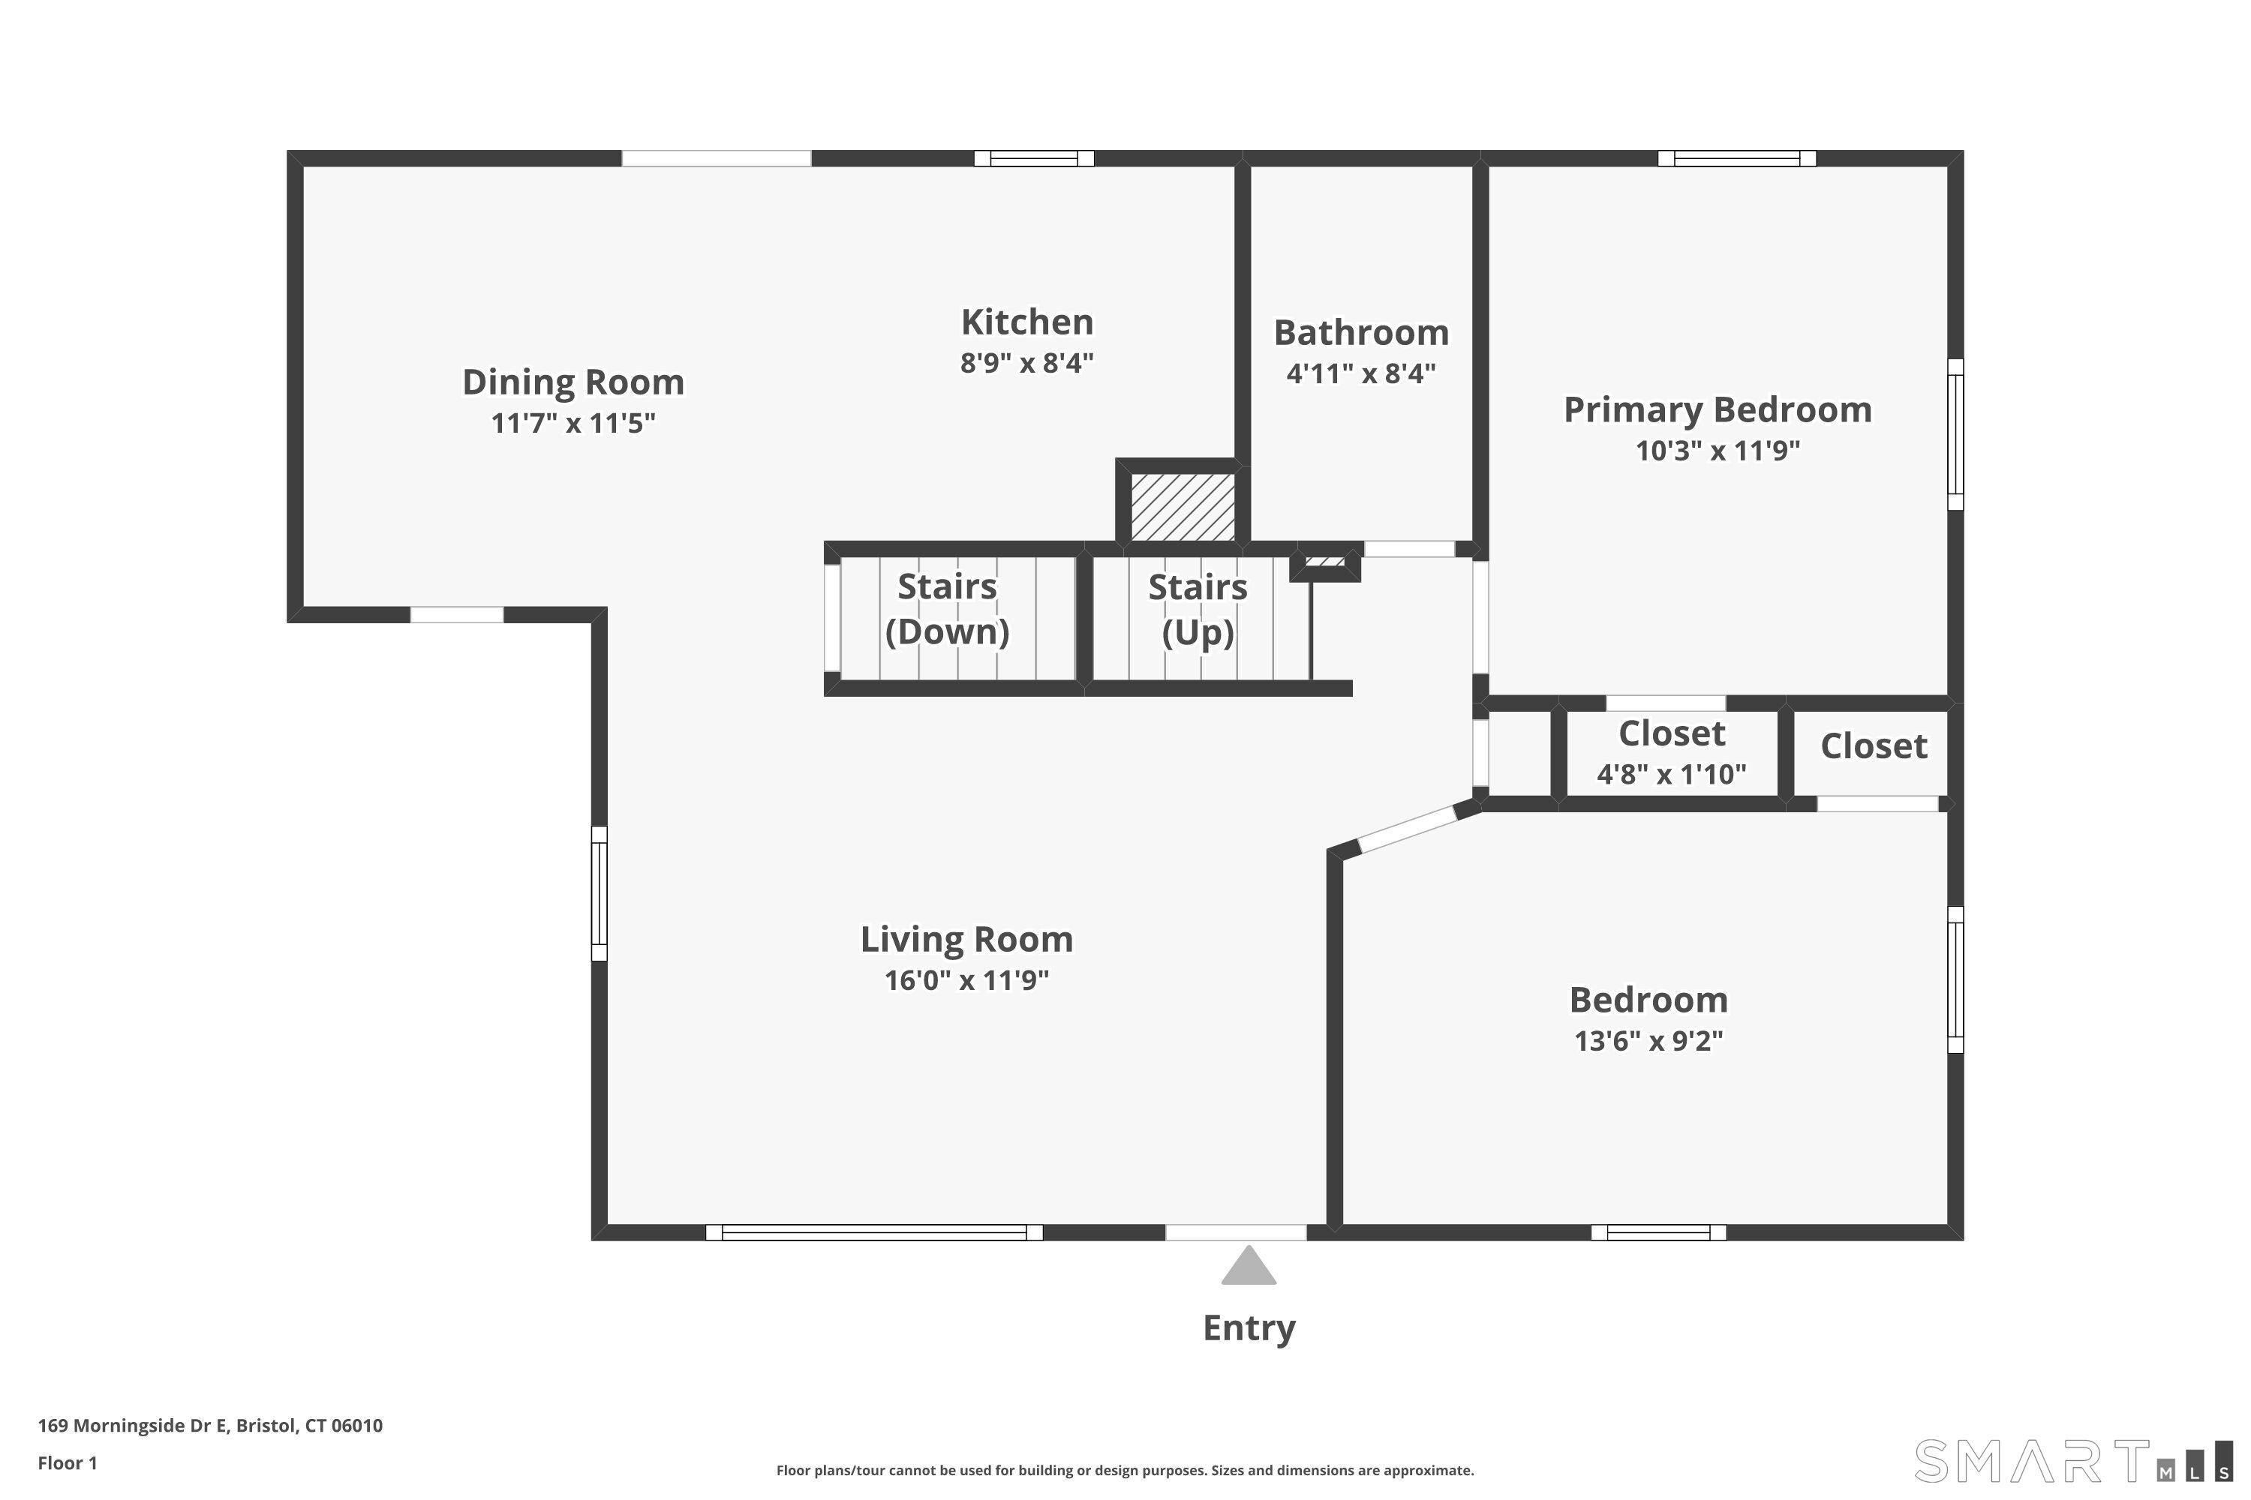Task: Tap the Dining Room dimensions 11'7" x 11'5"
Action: [x=573, y=423]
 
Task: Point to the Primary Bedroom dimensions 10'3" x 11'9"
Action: [x=1717, y=451]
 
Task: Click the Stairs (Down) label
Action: [x=946, y=608]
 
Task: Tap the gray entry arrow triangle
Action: [x=1248, y=1267]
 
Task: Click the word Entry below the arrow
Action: [x=1248, y=1327]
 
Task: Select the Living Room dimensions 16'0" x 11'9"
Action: [x=966, y=980]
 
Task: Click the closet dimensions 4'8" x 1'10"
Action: [x=1671, y=774]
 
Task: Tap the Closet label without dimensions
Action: [x=1873, y=746]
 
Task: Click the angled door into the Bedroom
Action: [x=1406, y=829]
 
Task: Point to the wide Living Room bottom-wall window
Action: [x=874, y=1232]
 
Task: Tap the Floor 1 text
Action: [x=67, y=1462]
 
